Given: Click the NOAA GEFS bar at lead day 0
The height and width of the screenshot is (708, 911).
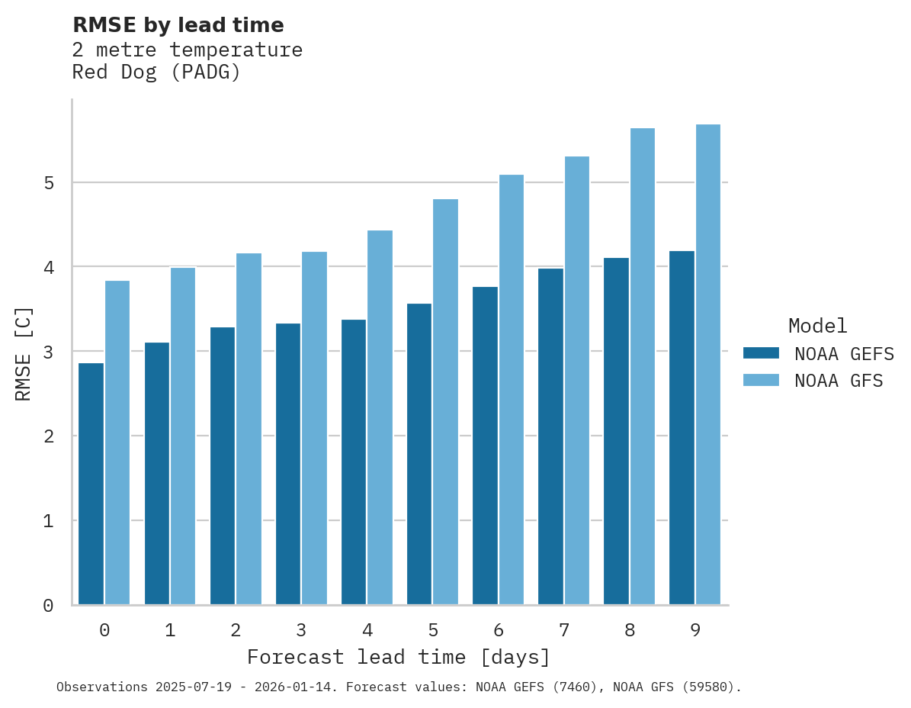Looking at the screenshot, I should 91,484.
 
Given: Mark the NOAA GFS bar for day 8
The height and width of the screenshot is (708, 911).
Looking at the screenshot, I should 643,366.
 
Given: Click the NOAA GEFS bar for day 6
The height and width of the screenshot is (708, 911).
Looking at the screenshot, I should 485,446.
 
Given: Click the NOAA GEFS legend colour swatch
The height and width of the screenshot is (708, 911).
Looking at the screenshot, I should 761,353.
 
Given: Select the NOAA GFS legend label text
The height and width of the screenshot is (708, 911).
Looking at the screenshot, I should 839,381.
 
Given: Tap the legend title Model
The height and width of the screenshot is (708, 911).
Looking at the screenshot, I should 817,326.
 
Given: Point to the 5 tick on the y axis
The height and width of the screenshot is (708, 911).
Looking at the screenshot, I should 48,183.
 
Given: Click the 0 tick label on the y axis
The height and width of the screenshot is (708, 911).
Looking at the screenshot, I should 48,606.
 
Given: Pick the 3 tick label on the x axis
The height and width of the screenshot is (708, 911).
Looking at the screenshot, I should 301,630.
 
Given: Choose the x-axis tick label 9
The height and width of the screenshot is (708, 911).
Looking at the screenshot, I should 695,630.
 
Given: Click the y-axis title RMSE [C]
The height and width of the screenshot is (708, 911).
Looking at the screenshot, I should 24,353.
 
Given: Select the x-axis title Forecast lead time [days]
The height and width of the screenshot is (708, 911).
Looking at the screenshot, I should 398,657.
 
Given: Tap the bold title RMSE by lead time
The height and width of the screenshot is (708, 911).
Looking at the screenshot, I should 178,25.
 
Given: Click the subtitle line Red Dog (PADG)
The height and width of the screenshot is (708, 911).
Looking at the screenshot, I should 156,73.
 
